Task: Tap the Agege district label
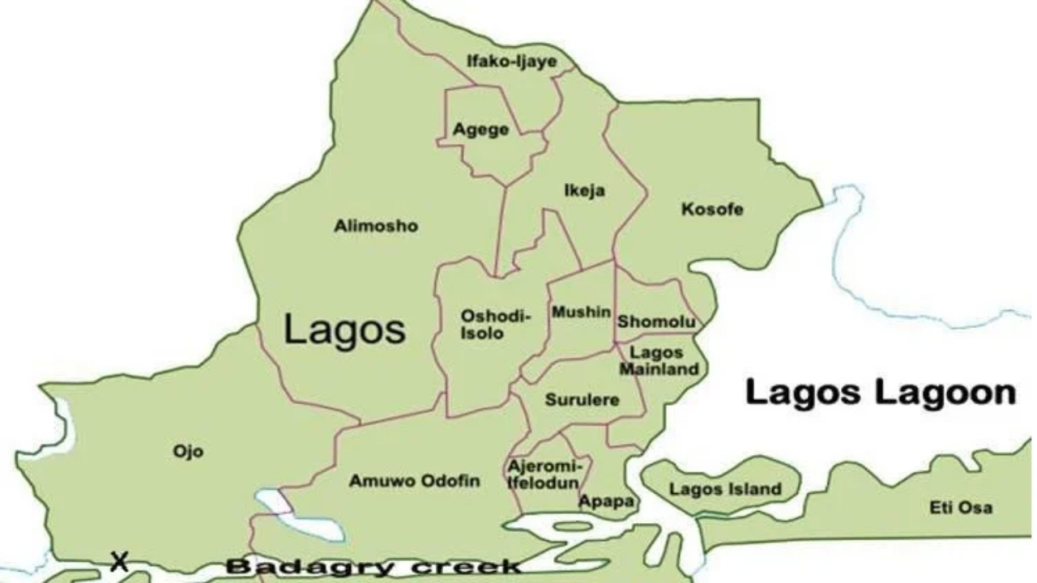tap(481, 130)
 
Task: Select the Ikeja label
tap(584, 191)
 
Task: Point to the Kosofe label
tap(712, 211)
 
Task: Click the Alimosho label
tap(376, 227)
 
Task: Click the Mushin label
tap(581, 313)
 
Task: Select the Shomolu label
tap(656, 322)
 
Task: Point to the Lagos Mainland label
tap(659, 361)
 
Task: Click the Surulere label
tap(582, 400)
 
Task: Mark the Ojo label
tap(188, 451)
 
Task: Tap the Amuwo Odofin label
tap(414, 481)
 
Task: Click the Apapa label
tap(606, 501)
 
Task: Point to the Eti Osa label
tap(960, 509)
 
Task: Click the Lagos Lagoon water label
tap(880, 394)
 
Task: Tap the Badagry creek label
tap(373, 567)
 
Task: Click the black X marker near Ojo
tap(120, 561)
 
